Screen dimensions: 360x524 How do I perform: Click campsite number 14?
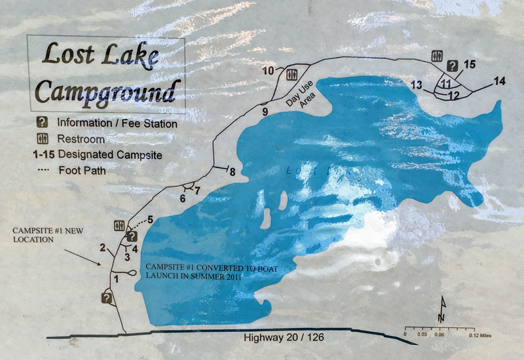pyautogui.click(x=500, y=81)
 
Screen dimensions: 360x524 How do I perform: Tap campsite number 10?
pyautogui.click(x=268, y=71)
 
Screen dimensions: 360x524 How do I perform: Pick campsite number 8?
pyautogui.click(x=232, y=171)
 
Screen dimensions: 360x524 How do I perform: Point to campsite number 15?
pyautogui.click(x=469, y=64)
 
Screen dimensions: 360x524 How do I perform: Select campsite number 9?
pyautogui.click(x=265, y=112)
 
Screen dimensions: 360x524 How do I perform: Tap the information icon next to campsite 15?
pyautogui.click(x=452, y=65)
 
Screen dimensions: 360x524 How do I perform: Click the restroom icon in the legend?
pyautogui.click(x=41, y=139)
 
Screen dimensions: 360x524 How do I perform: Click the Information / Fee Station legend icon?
pyautogui.click(x=41, y=122)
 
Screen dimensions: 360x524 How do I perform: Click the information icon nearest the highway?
pyautogui.click(x=107, y=298)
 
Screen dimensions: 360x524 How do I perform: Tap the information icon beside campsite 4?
pyautogui.click(x=132, y=236)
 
